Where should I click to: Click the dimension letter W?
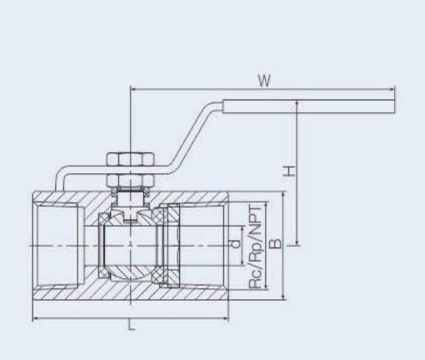click(x=262, y=82)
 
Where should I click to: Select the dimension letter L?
click(x=131, y=327)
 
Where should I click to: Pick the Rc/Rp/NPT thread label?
click(x=256, y=247)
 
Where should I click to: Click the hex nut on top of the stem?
click(x=130, y=159)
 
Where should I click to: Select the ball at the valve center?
click(x=130, y=247)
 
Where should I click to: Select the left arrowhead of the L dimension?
click(x=36, y=318)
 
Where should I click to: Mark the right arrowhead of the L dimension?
click(x=226, y=318)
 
